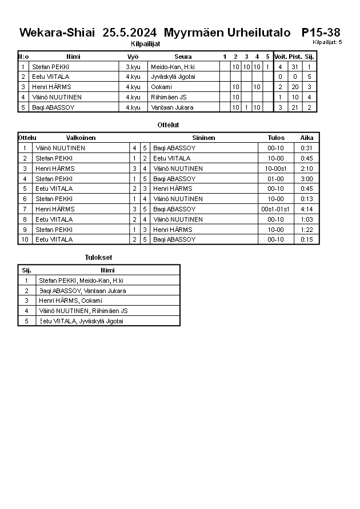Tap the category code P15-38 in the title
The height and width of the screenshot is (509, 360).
tap(321, 33)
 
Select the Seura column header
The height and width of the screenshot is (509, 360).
tap(183, 57)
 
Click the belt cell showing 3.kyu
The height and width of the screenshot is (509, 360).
tap(133, 67)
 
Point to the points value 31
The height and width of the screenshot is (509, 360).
tap(295, 67)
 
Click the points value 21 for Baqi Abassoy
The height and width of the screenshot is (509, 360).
tap(295, 107)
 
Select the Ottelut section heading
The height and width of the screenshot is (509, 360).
tap(168, 125)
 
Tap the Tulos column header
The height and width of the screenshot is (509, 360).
tap(276, 138)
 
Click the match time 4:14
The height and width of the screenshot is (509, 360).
tap(307, 209)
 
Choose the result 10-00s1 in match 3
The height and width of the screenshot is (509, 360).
tap(276, 169)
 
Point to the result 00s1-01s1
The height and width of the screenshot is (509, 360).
tap(276, 209)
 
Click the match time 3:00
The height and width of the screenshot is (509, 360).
tap(307, 179)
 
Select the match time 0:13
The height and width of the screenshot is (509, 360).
tap(307, 199)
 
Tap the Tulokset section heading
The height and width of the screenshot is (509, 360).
tap(98, 258)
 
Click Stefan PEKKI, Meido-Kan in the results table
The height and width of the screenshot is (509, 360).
tap(81, 280)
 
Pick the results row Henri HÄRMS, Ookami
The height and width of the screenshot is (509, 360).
tap(70, 300)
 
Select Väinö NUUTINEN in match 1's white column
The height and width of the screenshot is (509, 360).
tap(60, 148)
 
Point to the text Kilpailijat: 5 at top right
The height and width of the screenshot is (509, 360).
tap(327, 42)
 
